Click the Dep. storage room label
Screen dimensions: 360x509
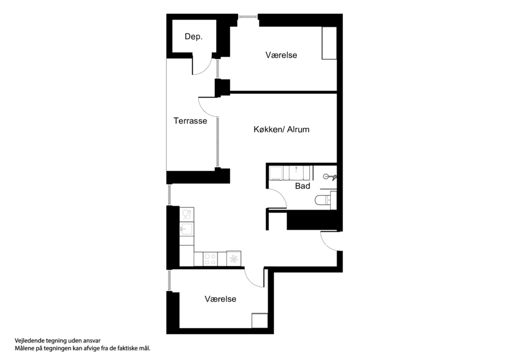coord(194,37)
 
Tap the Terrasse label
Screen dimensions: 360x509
coord(190,121)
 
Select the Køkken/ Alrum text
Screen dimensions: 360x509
coord(281,129)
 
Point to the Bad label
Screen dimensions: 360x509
coord(302,186)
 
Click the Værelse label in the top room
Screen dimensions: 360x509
coord(281,55)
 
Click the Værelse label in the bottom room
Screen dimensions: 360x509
coord(221,299)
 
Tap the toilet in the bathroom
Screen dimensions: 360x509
coord(323,200)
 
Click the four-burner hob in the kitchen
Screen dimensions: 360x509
coord(210,259)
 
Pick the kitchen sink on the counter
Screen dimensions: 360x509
coord(187,229)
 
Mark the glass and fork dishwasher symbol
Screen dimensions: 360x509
coord(187,214)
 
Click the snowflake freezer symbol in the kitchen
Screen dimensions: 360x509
coord(233,259)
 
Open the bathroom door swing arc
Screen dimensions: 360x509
coord(277,199)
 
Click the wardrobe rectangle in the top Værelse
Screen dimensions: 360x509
coord(329,43)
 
